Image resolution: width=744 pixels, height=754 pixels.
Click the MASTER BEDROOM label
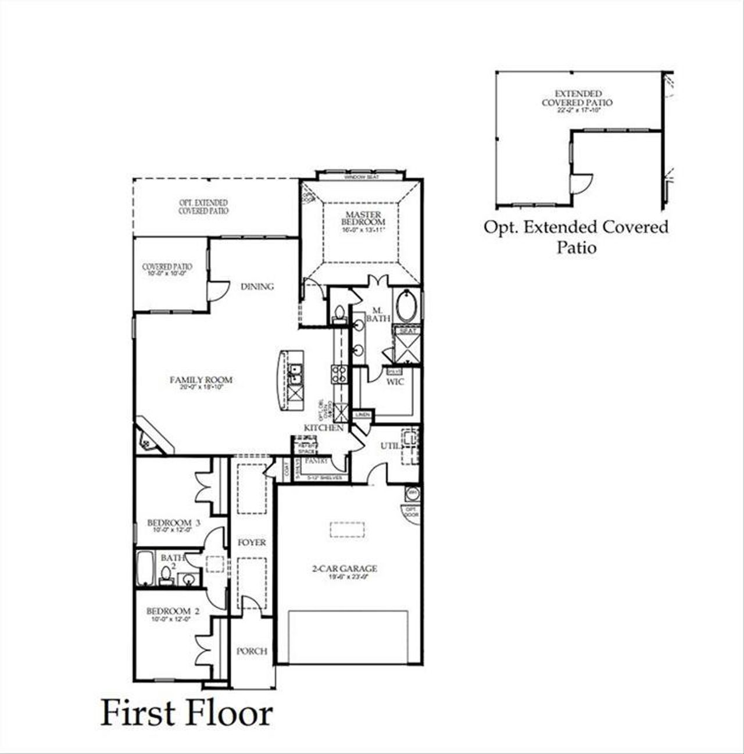tap(363, 219)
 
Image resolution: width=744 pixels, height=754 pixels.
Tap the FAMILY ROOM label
tap(201, 380)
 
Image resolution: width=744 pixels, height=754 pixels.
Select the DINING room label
tap(257, 287)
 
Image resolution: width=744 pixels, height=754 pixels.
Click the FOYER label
tap(252, 542)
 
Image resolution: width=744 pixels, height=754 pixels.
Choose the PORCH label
tap(252, 651)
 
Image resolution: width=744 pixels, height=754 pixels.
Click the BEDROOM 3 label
tap(173, 523)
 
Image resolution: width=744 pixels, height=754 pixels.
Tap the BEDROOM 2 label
tap(173, 612)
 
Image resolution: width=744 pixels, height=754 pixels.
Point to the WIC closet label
tap(395, 382)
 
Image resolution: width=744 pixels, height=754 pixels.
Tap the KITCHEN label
tap(323, 428)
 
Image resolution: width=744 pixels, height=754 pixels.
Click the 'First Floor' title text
tap(186, 713)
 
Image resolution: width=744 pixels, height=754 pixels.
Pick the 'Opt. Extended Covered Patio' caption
tap(576, 237)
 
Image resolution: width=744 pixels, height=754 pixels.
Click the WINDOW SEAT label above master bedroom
tap(361, 177)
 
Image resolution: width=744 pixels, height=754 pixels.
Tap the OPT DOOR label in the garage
tap(411, 512)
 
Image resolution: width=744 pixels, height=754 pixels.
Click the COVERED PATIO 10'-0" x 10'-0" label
tap(167, 268)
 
